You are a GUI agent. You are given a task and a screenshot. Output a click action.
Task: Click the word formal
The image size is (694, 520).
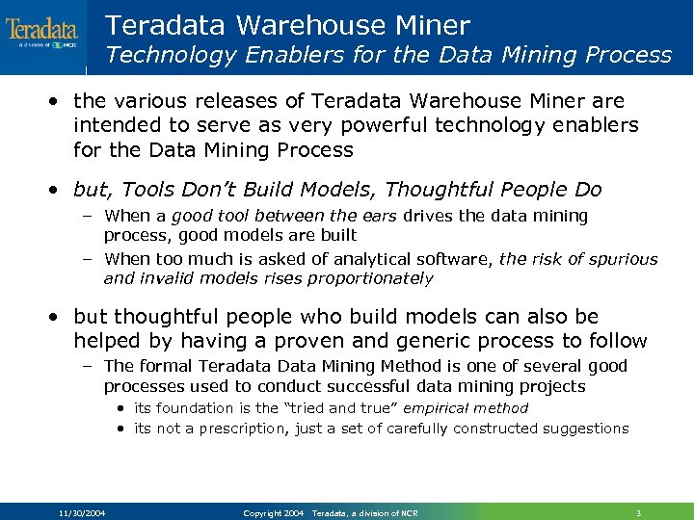click(x=168, y=366)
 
